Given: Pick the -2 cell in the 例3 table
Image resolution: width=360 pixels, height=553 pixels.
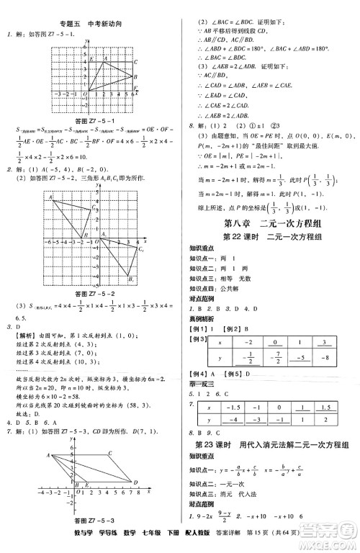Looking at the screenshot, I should (x=249, y=343).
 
